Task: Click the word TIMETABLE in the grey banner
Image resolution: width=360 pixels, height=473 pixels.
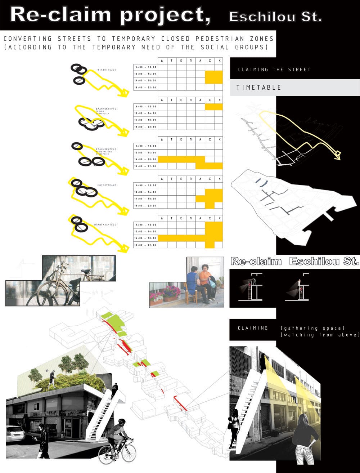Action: [258, 88]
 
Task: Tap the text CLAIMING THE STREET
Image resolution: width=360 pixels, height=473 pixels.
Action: [274, 70]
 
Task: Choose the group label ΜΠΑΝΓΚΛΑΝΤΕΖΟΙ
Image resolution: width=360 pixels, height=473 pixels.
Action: [107, 225]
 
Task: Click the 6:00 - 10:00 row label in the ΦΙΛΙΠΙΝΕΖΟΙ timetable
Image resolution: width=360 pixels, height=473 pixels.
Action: [145, 67]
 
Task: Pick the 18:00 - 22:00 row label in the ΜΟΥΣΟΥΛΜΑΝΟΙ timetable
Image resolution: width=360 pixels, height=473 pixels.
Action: [145, 205]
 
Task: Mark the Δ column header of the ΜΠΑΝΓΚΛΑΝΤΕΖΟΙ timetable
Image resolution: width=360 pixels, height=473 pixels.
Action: [162, 218]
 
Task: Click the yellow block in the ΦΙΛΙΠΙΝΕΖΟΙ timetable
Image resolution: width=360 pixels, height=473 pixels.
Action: [214, 77]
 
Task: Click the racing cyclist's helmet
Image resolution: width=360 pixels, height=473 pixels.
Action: [122, 421]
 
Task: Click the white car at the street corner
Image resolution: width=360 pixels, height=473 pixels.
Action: [14, 434]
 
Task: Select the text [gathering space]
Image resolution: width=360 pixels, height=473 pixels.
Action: [312, 329]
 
